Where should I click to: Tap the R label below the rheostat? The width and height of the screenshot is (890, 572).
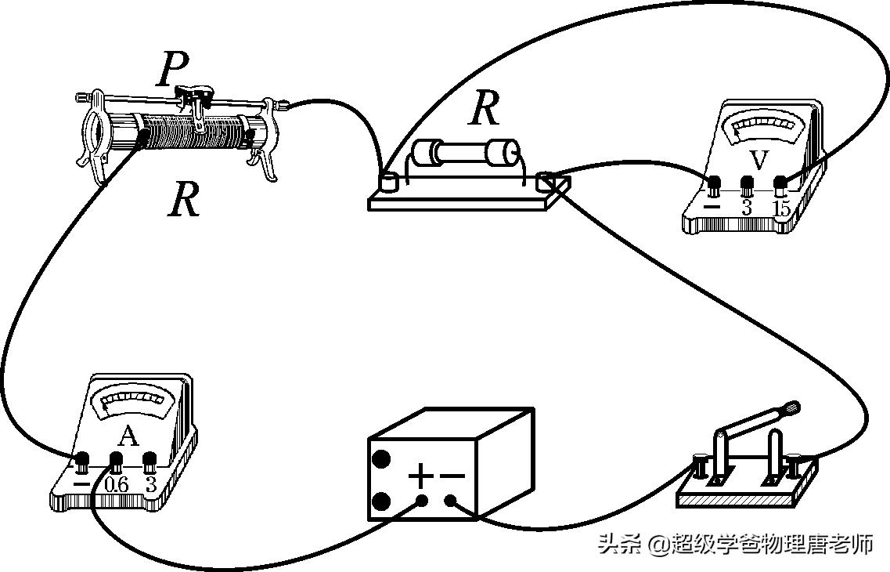tap(184, 201)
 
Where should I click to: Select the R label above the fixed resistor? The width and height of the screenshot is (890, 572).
tap(484, 109)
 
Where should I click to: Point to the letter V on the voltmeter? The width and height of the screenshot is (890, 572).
tap(758, 160)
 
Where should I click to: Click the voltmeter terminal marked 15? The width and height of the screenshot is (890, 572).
tap(780, 185)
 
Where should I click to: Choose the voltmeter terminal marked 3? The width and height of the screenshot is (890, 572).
tap(747, 186)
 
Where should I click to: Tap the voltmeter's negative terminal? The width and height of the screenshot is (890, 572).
tap(714, 186)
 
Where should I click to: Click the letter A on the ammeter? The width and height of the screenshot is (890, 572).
tap(129, 436)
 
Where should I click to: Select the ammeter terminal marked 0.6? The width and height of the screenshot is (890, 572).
tap(116, 461)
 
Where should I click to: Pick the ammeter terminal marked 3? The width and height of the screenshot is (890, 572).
tap(150, 461)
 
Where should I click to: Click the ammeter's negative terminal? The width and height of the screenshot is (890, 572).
tap(82, 461)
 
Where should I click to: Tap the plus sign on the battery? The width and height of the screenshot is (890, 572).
tap(421, 475)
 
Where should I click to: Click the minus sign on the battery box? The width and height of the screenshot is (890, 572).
tap(452, 475)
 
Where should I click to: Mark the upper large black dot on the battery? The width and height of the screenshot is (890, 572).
tap(381, 459)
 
